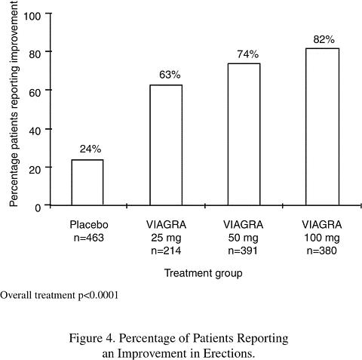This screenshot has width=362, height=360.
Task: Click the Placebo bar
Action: click(x=87, y=183)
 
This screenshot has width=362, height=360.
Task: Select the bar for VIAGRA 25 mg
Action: click(x=166, y=145)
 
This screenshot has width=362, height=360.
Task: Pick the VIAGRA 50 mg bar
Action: click(x=244, y=134)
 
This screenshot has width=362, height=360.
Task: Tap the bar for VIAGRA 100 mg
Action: click(x=322, y=127)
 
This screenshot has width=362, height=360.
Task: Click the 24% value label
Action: click(x=90, y=149)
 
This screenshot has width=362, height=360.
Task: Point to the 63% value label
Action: click(x=170, y=75)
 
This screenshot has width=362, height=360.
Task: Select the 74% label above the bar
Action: click(x=248, y=54)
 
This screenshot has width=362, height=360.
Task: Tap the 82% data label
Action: click(x=324, y=40)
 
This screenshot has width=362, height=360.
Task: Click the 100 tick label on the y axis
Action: click(x=32, y=17)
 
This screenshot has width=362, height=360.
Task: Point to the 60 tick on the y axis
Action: click(x=35, y=93)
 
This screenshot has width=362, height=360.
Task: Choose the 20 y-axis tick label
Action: click(x=35, y=170)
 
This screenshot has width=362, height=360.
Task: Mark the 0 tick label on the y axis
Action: click(x=38, y=208)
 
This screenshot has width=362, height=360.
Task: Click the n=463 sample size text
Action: click(x=89, y=238)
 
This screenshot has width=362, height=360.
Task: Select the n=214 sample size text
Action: click(x=166, y=251)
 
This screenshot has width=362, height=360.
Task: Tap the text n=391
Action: click(x=243, y=251)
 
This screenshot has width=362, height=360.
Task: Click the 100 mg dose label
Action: click(x=322, y=238)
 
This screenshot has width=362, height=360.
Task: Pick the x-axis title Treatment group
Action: click(x=204, y=273)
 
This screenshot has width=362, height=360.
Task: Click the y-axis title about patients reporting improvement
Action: click(x=14, y=103)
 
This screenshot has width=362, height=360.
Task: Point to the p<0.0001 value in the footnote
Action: click(x=98, y=295)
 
